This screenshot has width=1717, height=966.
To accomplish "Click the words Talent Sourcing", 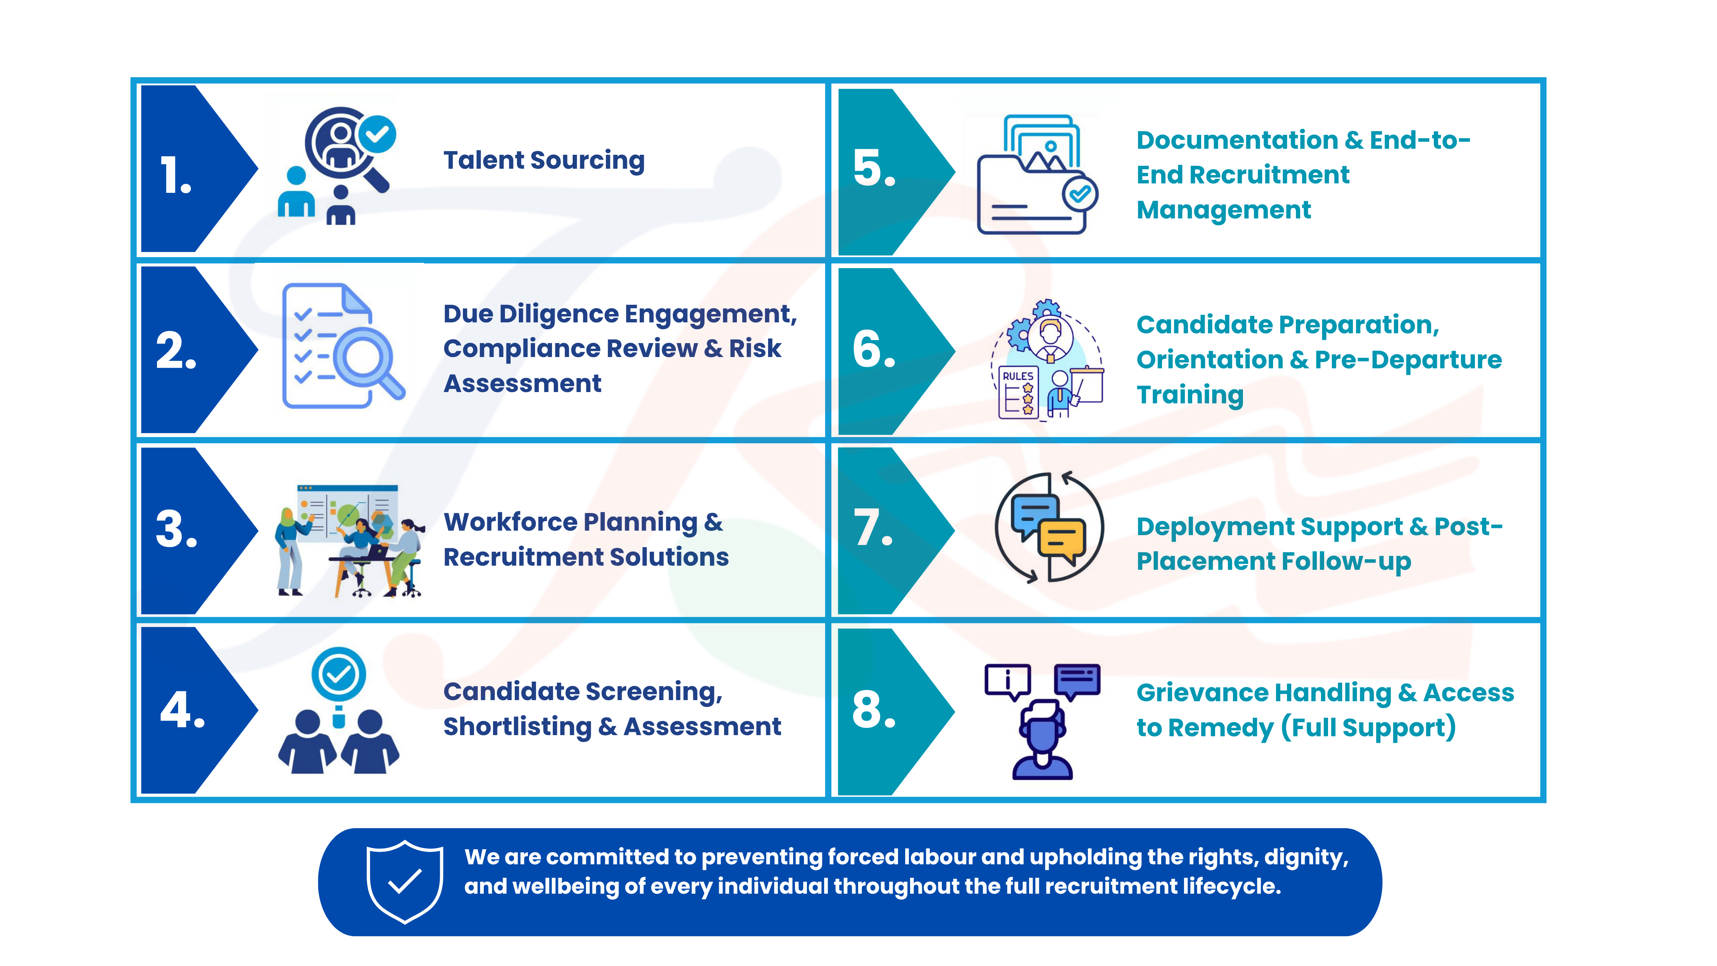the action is pos(544,161).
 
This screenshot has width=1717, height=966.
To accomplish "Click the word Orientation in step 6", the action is pos(1209,360).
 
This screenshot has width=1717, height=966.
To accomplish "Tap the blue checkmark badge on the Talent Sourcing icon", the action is pos(377,135).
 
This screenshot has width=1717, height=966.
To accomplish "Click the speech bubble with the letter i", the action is pos(1008,681).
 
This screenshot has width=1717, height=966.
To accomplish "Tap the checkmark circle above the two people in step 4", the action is pos(339,675).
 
